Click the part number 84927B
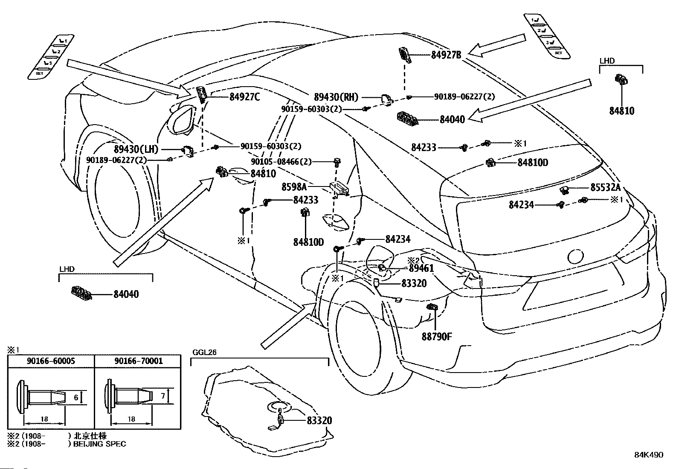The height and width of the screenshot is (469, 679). pos(446,55)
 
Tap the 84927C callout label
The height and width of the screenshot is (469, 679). pos(245,97)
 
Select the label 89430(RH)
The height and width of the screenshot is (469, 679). pos(336,97)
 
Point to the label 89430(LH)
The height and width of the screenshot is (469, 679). pos(136,149)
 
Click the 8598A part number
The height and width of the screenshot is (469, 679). pos(294,187)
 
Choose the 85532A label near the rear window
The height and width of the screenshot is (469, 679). pos(605,187)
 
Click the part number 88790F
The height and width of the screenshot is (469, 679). pos(437,336)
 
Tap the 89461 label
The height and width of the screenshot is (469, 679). pos(421,268)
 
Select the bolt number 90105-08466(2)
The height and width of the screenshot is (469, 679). pos(281,162)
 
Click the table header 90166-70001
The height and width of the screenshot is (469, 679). pos(139,361)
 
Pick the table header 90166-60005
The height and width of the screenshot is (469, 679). pos(51,361)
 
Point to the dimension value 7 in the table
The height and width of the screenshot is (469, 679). pos(163,396)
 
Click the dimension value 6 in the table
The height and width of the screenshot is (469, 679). pos(76,397)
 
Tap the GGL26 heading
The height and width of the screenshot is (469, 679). pos(205,352)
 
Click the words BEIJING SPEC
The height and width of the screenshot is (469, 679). pos(100,444)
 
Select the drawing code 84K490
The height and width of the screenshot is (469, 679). pos(649,455)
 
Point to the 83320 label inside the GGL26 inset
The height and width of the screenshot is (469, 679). pos(319,420)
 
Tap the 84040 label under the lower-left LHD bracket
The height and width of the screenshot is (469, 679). pos(126,294)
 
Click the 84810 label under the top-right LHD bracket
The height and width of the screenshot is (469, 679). pos(622,111)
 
